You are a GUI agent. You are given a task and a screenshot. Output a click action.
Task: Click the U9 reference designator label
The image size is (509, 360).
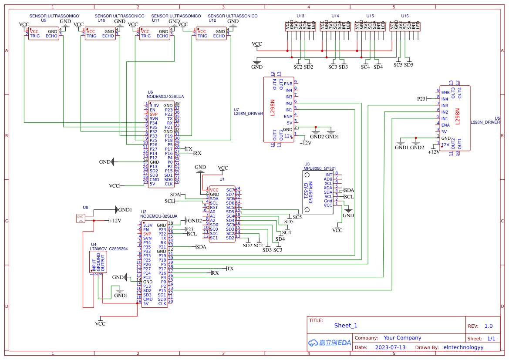tap(44, 20)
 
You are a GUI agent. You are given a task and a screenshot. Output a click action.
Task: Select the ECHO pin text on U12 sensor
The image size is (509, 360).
tap(219, 36)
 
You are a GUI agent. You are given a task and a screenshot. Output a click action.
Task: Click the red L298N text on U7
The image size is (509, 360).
tap(273, 108)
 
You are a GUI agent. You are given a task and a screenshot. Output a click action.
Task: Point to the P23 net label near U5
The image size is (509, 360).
tap(421, 99)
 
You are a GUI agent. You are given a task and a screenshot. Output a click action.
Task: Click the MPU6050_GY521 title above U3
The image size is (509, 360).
tap(320, 168)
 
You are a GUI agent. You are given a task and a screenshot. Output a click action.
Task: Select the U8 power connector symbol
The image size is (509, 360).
tap(80, 219)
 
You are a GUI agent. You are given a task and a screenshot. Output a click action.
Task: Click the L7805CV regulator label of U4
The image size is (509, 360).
tap(98, 249)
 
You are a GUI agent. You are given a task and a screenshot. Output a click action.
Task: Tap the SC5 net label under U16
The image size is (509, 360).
tap(398, 65)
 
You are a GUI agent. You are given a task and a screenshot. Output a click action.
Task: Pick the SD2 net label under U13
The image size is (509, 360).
tap(308, 67)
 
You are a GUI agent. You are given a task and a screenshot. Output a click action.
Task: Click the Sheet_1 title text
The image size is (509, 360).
tap(346, 326)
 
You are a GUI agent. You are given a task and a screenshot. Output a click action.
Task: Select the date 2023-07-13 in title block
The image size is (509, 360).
tap(390, 347)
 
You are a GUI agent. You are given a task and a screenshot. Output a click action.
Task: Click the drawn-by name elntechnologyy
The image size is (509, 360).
tap(463, 347)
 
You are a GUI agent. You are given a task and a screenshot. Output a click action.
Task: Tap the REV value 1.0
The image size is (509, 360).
tap(488, 326)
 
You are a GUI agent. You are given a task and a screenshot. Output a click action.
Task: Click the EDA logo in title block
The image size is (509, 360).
tap(330, 343)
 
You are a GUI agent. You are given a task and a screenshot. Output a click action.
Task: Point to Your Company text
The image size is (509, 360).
tap(402, 338)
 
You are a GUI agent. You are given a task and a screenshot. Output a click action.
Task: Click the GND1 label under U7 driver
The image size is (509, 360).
tap(332, 137)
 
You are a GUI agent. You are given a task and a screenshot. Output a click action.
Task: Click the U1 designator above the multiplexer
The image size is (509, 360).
tap(222, 179)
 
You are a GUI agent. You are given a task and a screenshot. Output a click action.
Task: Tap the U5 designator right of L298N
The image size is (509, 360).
tap(497, 118)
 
